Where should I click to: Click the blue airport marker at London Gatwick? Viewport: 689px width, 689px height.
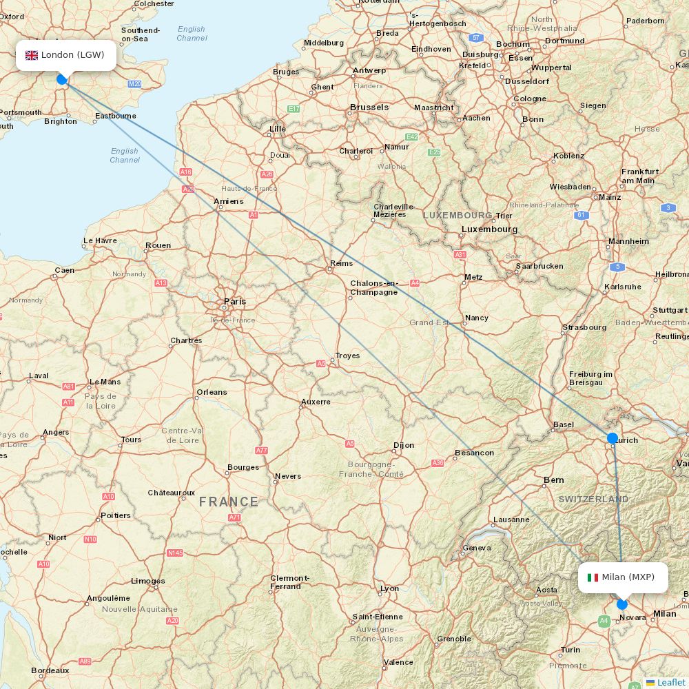pyautogui.click(x=61, y=79)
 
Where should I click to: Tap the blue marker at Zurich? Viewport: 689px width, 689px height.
pyautogui.click(x=613, y=438)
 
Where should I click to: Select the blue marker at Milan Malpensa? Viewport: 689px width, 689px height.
pyautogui.click(x=622, y=604)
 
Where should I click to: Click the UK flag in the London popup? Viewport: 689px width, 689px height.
pyautogui.click(x=32, y=55)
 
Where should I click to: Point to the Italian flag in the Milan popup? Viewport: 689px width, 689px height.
pyautogui.click(x=593, y=577)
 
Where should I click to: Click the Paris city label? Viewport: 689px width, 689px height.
pyautogui.click(x=234, y=302)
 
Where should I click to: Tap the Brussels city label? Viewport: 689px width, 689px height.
pyautogui.click(x=369, y=107)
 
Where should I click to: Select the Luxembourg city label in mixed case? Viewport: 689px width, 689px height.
pyautogui.click(x=489, y=229)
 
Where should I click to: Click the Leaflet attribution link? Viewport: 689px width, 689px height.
pyautogui.click(x=670, y=682)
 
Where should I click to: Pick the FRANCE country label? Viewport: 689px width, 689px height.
pyautogui.click(x=229, y=502)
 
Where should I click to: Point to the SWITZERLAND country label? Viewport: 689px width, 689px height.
pyautogui.click(x=593, y=499)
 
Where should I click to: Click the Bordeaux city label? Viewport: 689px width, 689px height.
pyautogui.click(x=50, y=670)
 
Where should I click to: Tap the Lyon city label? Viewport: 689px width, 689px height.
pyautogui.click(x=390, y=588)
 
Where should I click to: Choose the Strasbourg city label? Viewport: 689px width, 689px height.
pyautogui.click(x=584, y=327)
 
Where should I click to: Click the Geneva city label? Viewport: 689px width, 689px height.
pyautogui.click(x=477, y=548)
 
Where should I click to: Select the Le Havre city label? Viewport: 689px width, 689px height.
pyautogui.click(x=100, y=241)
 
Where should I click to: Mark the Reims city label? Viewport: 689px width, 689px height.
pyautogui.click(x=341, y=263)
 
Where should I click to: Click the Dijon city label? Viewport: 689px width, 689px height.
pyautogui.click(x=404, y=445)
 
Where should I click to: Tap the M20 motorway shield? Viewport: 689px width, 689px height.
pyautogui.click(x=134, y=84)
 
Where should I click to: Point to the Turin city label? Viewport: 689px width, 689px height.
pyautogui.click(x=570, y=650)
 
